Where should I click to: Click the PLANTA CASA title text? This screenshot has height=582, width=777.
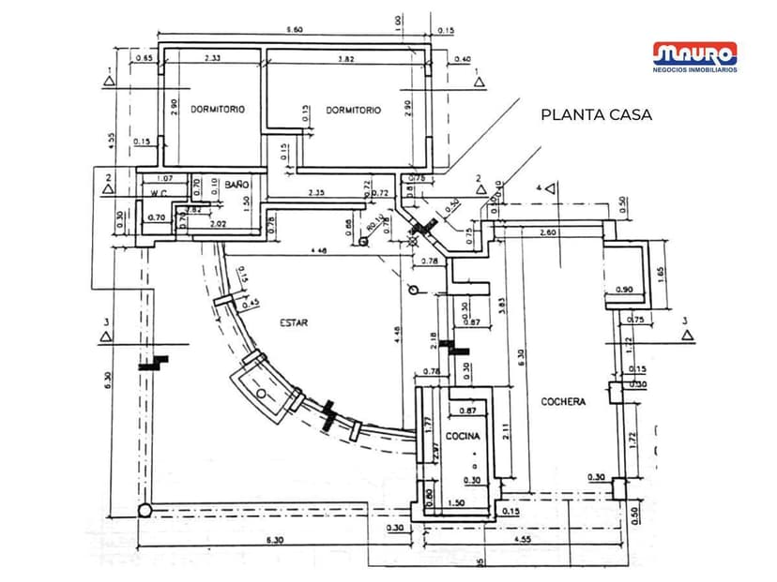click(x=596, y=115)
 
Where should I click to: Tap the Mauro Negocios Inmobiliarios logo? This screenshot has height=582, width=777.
click(x=695, y=57)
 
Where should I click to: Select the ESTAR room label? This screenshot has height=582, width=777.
click(x=294, y=323)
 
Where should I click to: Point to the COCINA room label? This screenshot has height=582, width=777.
click(x=463, y=437)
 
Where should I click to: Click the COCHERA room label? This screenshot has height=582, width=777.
click(x=563, y=401)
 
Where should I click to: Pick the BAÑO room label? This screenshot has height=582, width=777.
click(x=235, y=185)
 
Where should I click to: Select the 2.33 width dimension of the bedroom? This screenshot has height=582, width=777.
click(x=212, y=58)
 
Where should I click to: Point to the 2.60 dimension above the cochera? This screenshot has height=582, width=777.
click(x=548, y=232)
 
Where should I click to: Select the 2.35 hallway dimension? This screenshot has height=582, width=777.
click(x=315, y=194)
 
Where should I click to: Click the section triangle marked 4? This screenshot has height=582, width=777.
click(x=550, y=188)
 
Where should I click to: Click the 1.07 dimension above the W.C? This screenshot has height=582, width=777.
click(x=165, y=178)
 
